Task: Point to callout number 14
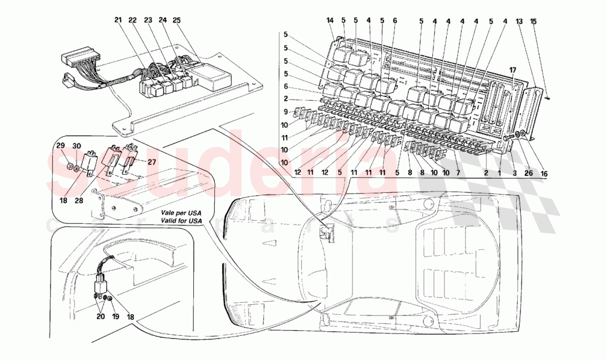point(330,21)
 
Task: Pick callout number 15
point(533,21)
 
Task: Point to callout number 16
point(544,173)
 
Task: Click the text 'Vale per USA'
point(182,212)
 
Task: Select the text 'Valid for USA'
point(182,221)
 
